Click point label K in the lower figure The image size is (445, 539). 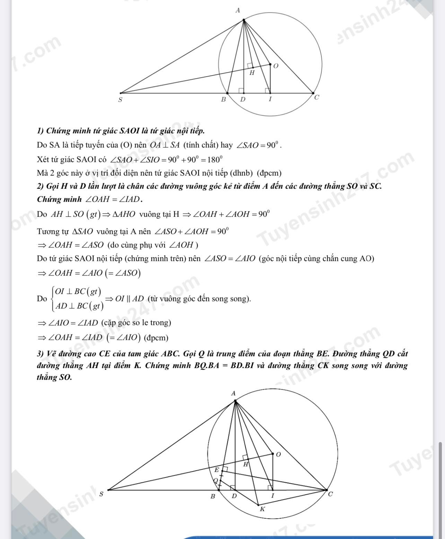[262, 509]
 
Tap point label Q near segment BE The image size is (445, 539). [216, 480]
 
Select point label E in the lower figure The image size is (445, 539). [217, 470]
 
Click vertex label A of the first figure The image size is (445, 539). [237, 10]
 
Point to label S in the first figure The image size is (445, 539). [120, 100]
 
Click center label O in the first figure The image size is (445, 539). [276, 66]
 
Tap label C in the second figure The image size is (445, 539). [330, 494]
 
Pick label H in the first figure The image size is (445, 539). [252, 73]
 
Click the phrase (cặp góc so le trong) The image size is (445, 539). [136, 323]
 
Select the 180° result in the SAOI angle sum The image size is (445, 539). [214, 160]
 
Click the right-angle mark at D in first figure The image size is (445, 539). [241, 90]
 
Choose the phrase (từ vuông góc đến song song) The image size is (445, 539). [199, 298]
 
